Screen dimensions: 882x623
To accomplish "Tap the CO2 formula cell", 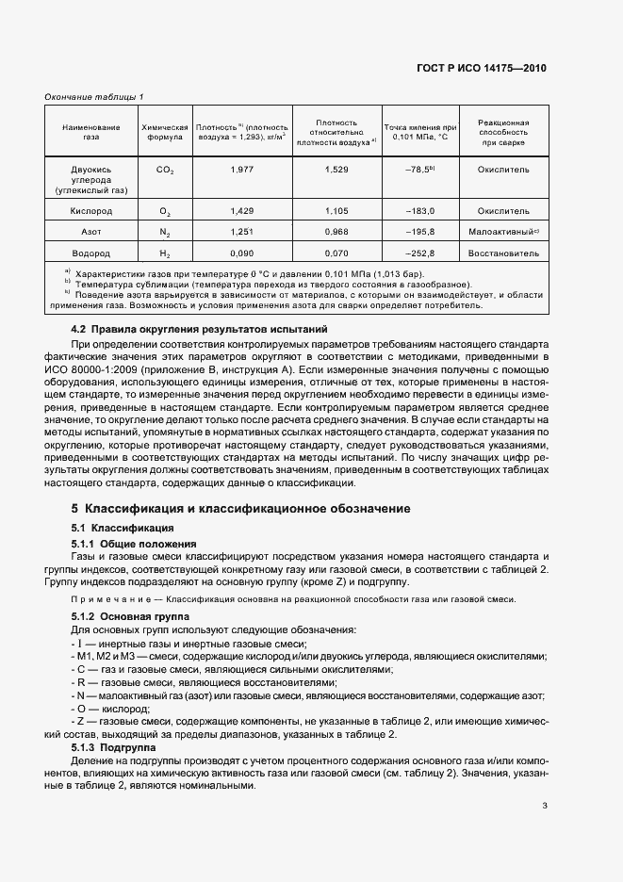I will click(165, 170).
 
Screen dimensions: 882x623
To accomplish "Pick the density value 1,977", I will click(241, 170).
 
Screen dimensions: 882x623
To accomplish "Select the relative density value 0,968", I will click(336, 231).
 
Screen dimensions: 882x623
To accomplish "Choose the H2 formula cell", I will click(165, 253).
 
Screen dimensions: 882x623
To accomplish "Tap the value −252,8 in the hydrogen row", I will click(418, 253).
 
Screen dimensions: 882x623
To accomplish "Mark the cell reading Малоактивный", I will click(500, 231).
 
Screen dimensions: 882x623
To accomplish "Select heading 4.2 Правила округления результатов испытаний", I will click(200, 330).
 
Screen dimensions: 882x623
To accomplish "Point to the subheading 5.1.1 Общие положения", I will click(134, 544).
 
